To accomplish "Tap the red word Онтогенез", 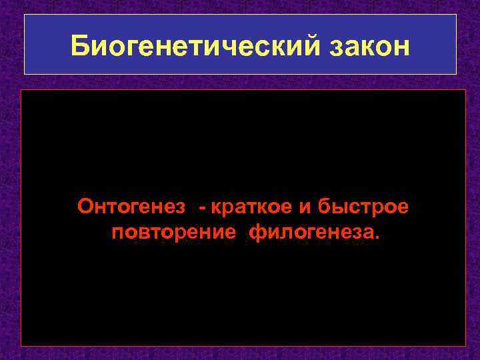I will (131, 207).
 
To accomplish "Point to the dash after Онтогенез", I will (201, 208).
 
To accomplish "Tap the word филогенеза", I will (312, 235).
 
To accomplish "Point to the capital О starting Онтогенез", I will (85, 207).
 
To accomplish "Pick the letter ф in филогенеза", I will (256, 235).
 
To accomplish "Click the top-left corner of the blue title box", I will (25, 15).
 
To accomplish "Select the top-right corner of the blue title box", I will (456, 15).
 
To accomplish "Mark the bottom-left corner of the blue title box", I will (25, 73).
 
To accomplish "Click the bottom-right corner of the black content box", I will (465, 345).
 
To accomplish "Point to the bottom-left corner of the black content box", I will (21, 345).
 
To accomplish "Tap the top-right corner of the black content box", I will (465, 90).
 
